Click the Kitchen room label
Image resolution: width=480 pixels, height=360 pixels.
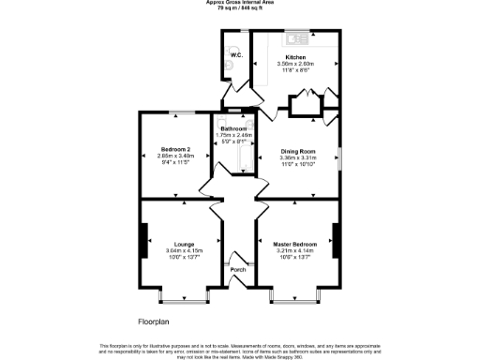coord(295,56)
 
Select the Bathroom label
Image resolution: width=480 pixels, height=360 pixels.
coord(233,128)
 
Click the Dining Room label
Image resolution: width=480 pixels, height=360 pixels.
coord(298,151)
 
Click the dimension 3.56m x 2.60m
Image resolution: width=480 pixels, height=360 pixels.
coord(295,63)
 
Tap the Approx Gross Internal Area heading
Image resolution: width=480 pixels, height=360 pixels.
coord(240,3)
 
